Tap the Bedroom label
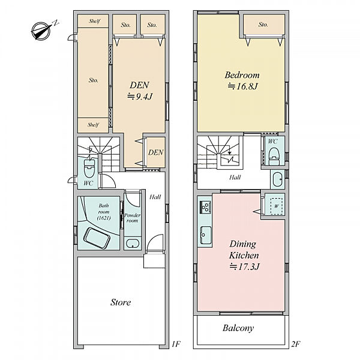[x=242, y=75]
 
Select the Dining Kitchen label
[x=244, y=250]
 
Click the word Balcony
[x=238, y=328]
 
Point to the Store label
[x=121, y=302]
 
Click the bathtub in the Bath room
[x=97, y=238]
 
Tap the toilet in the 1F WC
[x=89, y=168]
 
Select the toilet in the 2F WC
[x=274, y=156]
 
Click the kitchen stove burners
[x=205, y=207]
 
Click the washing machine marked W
[x=276, y=206]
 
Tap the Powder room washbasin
[x=133, y=244]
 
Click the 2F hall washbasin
[x=277, y=179]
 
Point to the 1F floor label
[x=176, y=344]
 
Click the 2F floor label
[x=296, y=344]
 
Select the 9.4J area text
[x=140, y=97]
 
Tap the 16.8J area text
[x=243, y=86]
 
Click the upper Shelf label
[x=94, y=21]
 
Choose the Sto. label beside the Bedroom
[x=263, y=24]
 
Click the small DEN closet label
[x=156, y=152]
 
